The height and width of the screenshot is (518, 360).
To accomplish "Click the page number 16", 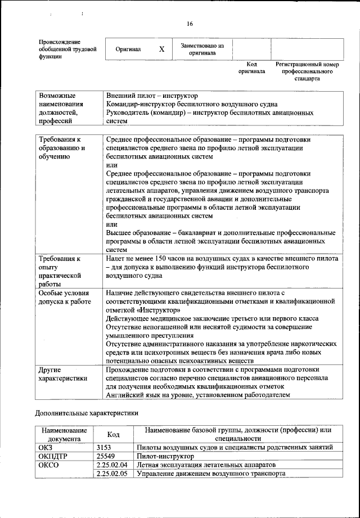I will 190,24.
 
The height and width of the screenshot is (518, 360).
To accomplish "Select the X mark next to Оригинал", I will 161,49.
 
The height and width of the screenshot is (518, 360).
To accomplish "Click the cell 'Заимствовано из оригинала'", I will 202,49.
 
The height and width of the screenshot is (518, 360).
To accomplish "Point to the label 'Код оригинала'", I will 251,68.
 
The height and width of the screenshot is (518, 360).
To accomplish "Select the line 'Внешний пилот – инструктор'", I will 151,96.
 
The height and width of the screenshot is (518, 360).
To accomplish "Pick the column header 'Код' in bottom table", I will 113,434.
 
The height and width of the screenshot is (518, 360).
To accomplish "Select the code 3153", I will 105,447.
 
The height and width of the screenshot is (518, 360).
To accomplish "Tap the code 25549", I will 107,456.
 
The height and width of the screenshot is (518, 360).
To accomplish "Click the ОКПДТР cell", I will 52,456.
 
